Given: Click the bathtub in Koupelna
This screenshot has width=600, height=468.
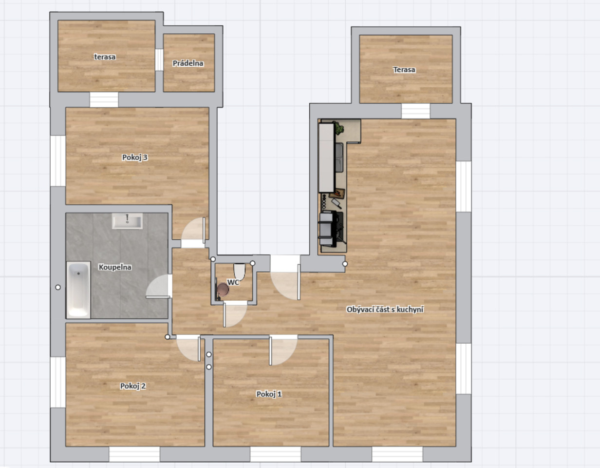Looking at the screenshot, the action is pos(78,290).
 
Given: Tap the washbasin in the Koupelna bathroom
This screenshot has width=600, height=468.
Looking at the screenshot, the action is pos(127,221).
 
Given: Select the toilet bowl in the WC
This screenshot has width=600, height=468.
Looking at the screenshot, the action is pos(239,272).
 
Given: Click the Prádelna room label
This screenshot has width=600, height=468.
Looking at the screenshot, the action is pos(188,63).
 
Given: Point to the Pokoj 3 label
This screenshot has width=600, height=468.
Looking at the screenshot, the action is pos(135,157).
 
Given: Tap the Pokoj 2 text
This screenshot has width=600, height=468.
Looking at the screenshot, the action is pos(133,386).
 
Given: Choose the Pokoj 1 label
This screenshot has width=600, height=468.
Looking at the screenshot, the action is pos(269,394).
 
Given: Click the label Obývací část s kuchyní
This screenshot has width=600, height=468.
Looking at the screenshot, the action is pos(385,310).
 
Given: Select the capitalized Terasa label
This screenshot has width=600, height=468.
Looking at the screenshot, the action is pos(404,70).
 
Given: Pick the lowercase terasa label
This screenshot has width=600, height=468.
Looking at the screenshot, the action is pos(105,57).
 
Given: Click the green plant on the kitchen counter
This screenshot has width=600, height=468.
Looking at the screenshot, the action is pos(339,128).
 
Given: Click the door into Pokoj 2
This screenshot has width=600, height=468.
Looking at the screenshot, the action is pos(188,348).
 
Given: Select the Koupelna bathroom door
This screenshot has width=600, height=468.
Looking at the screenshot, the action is pos(158,286).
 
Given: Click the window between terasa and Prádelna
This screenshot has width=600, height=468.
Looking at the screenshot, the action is pos(159,59).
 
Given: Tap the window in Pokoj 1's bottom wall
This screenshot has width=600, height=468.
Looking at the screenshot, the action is pos(275,454).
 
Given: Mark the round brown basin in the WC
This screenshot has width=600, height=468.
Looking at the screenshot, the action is pos(223,289).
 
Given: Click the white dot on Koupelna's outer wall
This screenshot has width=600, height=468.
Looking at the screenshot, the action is pos(58,287).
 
